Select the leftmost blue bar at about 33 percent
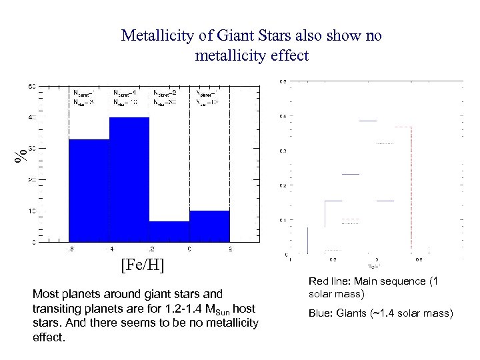point(89,190)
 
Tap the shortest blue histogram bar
point(169,231)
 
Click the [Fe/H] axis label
point(143,266)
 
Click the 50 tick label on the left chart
point(31,87)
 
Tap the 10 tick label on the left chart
point(31,211)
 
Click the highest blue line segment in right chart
point(368,121)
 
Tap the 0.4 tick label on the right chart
point(283,117)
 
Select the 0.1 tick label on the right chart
point(283,220)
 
